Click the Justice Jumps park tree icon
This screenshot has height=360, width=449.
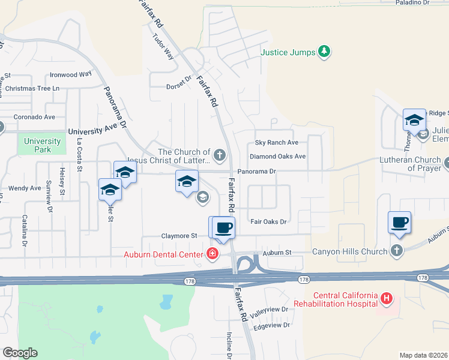click(x=324, y=52)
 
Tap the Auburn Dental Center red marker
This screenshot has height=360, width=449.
click(x=212, y=254)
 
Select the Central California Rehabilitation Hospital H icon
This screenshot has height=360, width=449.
click(x=387, y=298)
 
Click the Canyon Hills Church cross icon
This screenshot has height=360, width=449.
click(x=396, y=251)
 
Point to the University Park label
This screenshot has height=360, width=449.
click(x=42, y=145)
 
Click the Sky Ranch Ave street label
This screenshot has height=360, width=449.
click(x=276, y=143)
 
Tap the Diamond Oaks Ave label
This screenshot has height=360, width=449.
click(x=278, y=157)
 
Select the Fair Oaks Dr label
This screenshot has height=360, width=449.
click(x=269, y=222)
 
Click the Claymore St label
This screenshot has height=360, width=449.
click(x=179, y=236)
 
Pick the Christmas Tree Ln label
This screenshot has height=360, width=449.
click(x=30, y=88)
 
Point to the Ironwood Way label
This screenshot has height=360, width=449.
click(x=70, y=74)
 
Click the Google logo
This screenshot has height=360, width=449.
click(x=19, y=353)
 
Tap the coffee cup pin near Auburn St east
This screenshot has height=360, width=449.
click(x=400, y=223)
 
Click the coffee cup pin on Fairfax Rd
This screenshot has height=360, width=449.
click(x=223, y=227)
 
